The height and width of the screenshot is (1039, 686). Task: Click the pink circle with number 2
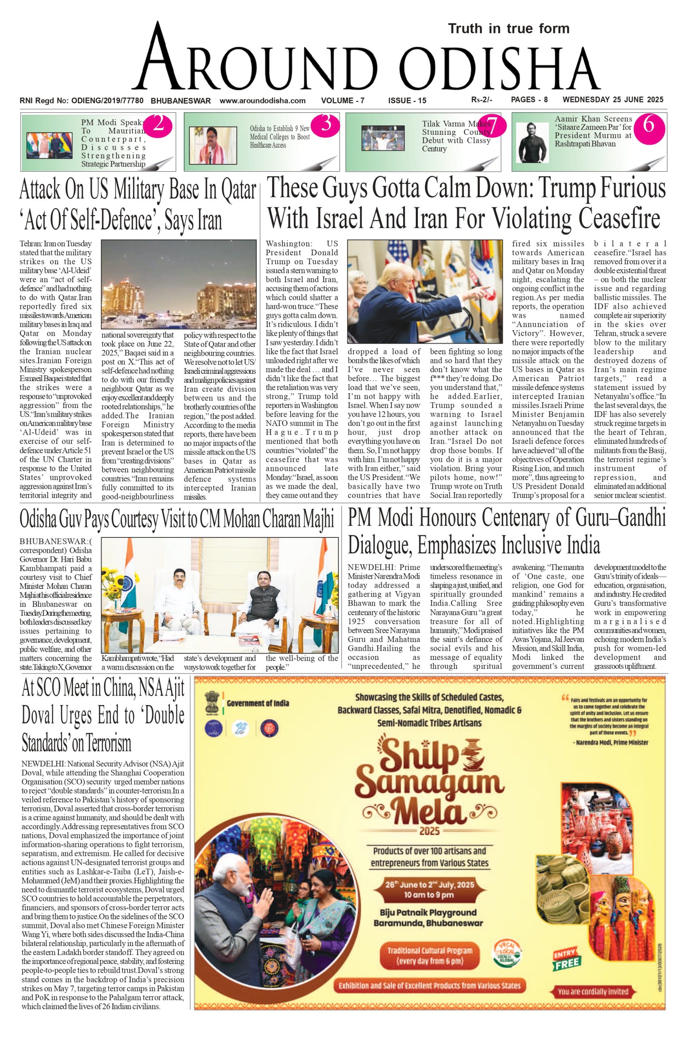158,125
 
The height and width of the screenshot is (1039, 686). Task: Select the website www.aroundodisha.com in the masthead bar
262,101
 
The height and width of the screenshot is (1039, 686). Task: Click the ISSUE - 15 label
407,101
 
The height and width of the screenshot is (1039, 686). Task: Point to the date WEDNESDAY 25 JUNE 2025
613,100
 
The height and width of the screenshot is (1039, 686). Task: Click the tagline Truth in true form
509,29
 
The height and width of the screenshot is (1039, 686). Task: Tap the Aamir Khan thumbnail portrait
532,142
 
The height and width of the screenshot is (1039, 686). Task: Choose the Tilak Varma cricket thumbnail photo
383,138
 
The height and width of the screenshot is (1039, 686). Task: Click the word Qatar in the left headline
239,190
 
